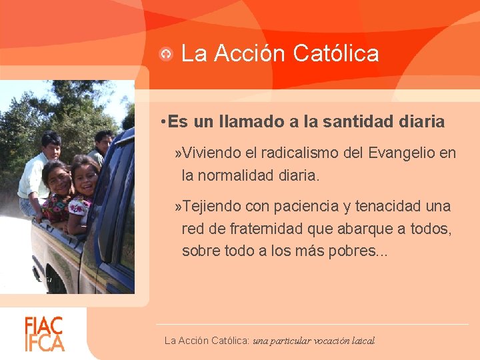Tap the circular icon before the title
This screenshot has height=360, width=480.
pyautogui.click(x=167, y=54)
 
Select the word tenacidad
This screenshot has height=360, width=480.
pyautogui.click(x=387, y=206)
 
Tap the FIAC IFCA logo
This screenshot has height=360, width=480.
pyautogui.click(x=45, y=334)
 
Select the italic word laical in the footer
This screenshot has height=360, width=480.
pyautogui.click(x=364, y=341)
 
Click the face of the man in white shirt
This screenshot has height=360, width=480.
pyautogui.click(x=51, y=144)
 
